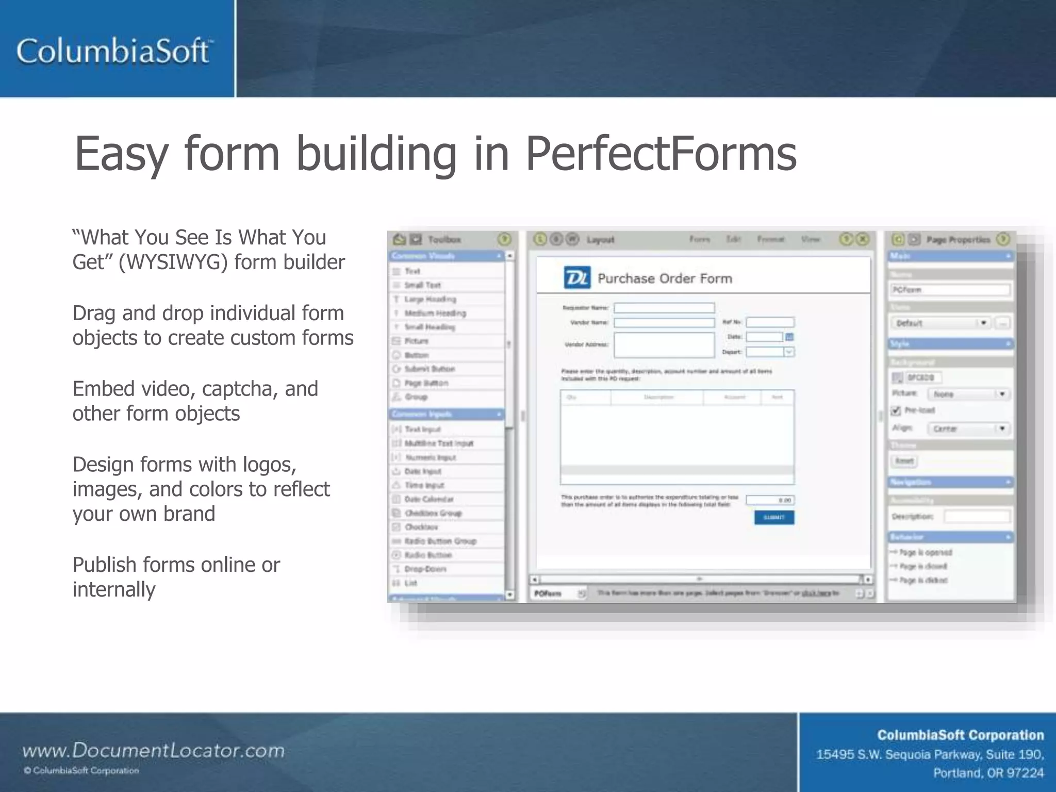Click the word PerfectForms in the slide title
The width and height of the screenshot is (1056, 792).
point(661,153)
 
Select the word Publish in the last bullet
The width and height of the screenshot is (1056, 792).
point(105,565)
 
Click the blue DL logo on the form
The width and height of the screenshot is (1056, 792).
point(577,278)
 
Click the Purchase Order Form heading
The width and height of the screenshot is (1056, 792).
point(665,278)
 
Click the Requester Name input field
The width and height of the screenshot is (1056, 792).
point(664,308)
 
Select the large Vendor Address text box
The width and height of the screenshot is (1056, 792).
point(664,344)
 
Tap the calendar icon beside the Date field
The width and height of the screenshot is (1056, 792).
point(789,337)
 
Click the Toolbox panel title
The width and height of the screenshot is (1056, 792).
point(444,239)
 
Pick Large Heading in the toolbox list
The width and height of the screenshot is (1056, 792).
point(430,299)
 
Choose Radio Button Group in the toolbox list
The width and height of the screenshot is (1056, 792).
point(440,541)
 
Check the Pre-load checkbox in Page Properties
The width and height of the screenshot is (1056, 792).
point(896,410)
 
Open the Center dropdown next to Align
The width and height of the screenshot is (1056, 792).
point(968,428)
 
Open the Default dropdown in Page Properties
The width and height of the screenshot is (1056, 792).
point(940,323)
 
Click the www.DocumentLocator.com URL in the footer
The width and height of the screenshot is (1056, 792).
point(153,750)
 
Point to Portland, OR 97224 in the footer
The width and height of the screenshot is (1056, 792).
point(988,773)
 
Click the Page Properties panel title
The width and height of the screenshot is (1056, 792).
point(958,239)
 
